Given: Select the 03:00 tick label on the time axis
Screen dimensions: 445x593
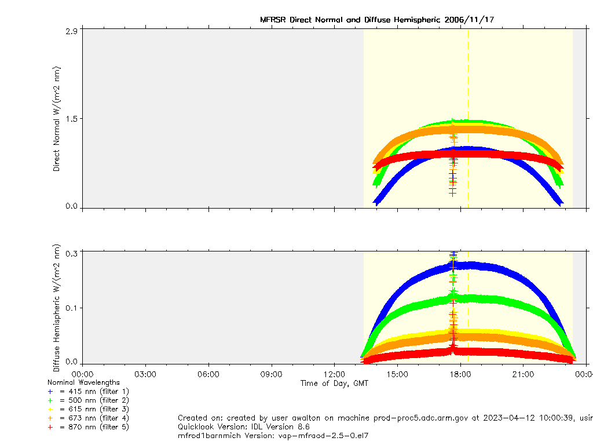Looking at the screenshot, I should [145, 374].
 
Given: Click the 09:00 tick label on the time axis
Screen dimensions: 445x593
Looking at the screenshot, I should [271, 374].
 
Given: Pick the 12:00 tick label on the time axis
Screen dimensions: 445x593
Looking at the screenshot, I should [334, 374].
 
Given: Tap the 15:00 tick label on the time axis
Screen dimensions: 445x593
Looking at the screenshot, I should [397, 374].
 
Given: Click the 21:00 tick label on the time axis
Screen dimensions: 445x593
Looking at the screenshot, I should [523, 374].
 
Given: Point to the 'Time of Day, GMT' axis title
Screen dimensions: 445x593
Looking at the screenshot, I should [334, 383].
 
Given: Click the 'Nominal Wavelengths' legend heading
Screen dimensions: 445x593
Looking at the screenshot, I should [83, 382].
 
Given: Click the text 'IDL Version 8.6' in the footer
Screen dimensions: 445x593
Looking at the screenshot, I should [290, 426].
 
